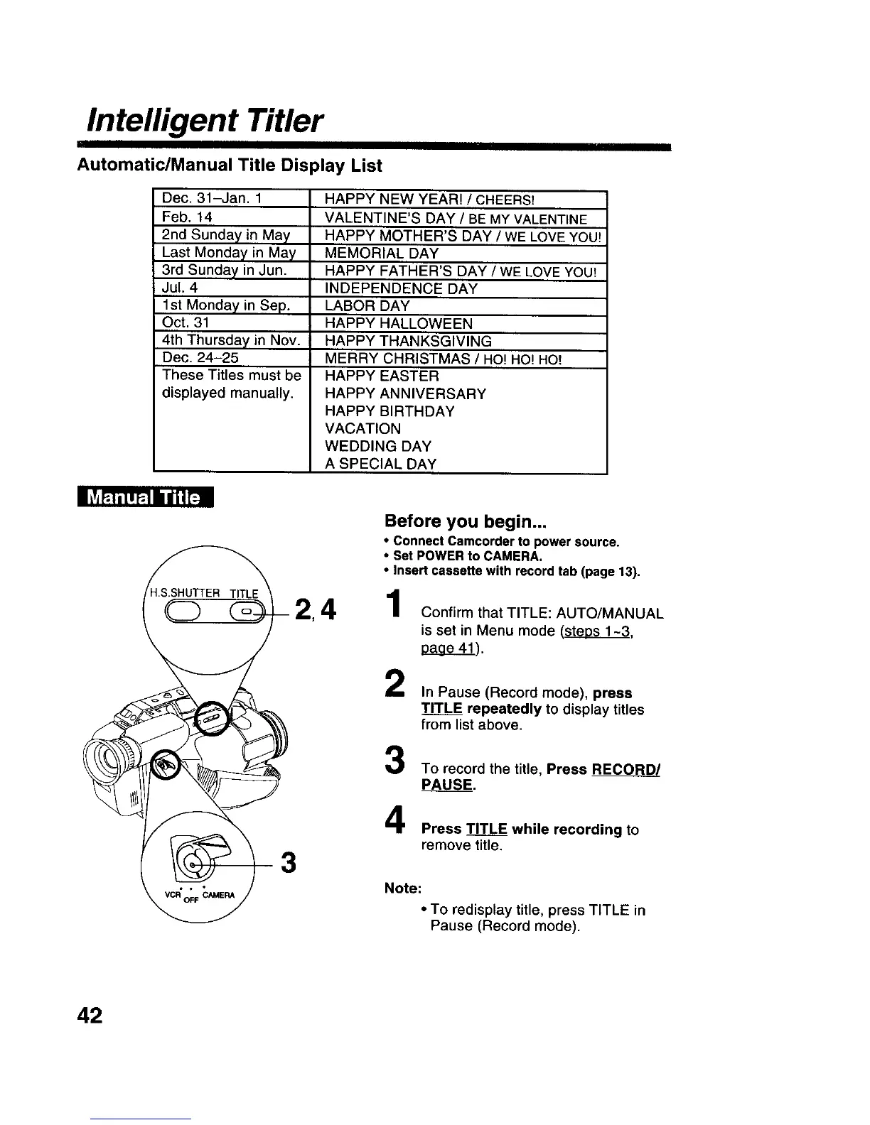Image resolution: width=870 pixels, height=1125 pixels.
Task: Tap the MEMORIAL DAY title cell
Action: click(x=382, y=254)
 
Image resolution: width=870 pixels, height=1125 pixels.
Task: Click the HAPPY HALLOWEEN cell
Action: click(x=399, y=324)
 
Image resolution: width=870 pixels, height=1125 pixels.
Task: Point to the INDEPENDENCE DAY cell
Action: click(x=401, y=288)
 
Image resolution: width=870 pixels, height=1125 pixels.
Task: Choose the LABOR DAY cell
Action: click(x=367, y=306)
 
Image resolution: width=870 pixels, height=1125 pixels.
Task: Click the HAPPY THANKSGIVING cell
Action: click(x=408, y=341)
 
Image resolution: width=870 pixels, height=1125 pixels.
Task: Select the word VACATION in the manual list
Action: click(x=362, y=429)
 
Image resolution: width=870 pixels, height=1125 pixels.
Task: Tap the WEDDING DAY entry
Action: click(x=378, y=447)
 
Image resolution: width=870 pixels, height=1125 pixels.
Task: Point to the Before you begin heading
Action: click(x=466, y=521)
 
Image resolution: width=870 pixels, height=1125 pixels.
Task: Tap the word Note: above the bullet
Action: click(x=402, y=888)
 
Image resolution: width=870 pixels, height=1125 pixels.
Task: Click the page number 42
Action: click(x=90, y=1016)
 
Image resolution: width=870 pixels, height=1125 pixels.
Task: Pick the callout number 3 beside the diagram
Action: click(x=289, y=863)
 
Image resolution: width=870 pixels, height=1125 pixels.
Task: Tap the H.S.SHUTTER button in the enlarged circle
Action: click(x=185, y=609)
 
